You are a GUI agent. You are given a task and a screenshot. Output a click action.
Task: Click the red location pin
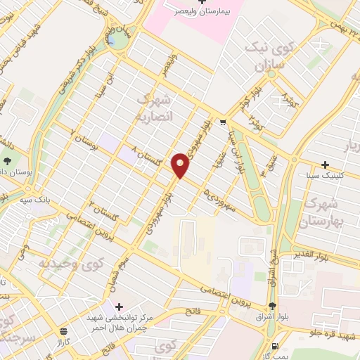pos(181,164)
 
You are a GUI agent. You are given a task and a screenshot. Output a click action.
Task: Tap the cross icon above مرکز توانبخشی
pos(120,307)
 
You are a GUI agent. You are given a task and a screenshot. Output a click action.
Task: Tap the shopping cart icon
pos(222,120)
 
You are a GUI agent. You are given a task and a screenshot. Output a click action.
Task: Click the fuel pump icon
pos(274,346)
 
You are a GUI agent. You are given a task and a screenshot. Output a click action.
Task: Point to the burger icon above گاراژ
pos(64,331)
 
